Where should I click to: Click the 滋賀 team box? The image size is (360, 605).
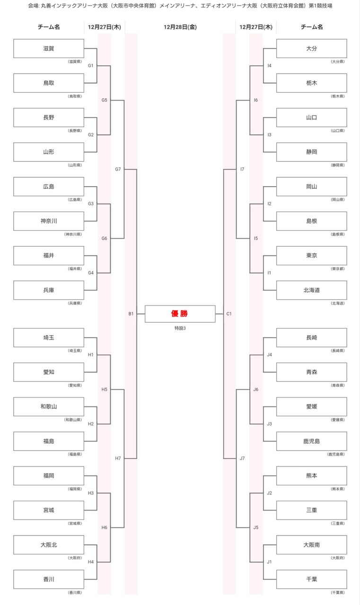tap(49, 48)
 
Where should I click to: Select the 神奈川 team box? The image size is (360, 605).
tap(49, 221)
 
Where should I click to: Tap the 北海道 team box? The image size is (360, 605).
tap(311, 290)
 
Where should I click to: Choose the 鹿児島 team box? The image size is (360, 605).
tap(311, 441)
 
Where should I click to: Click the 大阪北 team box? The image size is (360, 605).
tap(49, 544)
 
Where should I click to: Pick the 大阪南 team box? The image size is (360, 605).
tap(311, 544)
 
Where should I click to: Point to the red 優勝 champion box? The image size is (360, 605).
tap(180, 314)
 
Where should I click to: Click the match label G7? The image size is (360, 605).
tap(118, 169)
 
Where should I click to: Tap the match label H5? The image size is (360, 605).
tap(105, 389)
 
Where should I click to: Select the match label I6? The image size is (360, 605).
tap(256, 100)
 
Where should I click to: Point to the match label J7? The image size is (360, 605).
tap(242, 458)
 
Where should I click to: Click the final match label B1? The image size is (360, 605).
tap(131, 314)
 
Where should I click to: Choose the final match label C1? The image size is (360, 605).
tap(229, 314)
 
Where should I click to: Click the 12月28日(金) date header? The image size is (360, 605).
tap(180, 27)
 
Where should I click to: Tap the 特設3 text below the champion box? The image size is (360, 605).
tap(180, 328)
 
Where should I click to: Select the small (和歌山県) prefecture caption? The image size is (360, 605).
tap(73, 420)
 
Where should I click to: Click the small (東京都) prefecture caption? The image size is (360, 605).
tap(338, 268)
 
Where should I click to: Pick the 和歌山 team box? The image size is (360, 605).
tap(49, 406)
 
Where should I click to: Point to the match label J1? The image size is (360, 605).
tap(269, 562)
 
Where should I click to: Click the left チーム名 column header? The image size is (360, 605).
tap(49, 27)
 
